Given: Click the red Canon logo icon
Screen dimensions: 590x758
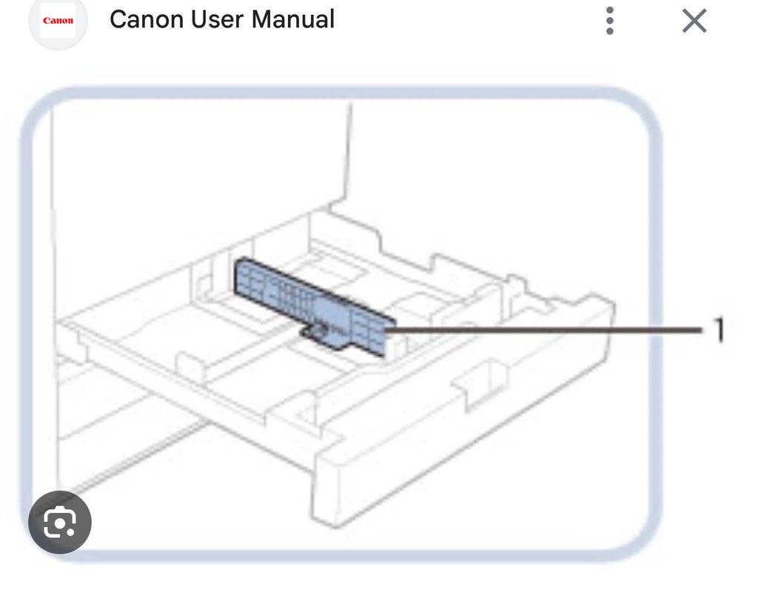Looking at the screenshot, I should tap(58, 21).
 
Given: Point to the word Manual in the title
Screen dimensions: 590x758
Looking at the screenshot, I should tap(293, 19).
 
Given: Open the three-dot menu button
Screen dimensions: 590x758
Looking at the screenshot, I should tap(610, 21).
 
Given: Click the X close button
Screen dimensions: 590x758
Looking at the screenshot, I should tap(694, 21).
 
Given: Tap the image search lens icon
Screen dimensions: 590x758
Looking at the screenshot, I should tap(60, 523).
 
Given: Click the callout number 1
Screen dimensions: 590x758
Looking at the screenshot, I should tap(717, 330).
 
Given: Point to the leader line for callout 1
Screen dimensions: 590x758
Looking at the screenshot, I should tap(548, 327).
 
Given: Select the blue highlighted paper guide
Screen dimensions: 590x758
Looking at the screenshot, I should tap(311, 300).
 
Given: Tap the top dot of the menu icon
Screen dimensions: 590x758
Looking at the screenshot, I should tap(610, 10).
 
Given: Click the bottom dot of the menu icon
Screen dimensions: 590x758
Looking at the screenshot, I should tap(610, 31).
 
